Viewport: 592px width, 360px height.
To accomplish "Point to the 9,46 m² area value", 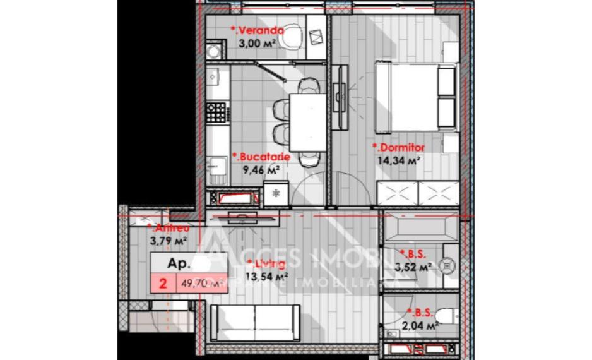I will click(262, 169).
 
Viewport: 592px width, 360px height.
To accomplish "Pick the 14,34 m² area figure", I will click(399, 160).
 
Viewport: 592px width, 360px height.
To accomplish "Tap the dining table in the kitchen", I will click(308, 122).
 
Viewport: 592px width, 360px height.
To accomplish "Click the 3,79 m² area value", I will click(167, 241).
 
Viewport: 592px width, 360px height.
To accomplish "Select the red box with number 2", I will click(163, 284).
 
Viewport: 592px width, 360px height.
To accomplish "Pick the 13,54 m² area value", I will click(267, 276).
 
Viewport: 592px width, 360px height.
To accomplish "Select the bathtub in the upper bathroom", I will click(420, 226).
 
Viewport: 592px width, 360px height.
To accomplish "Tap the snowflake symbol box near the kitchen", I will click(275, 193).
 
